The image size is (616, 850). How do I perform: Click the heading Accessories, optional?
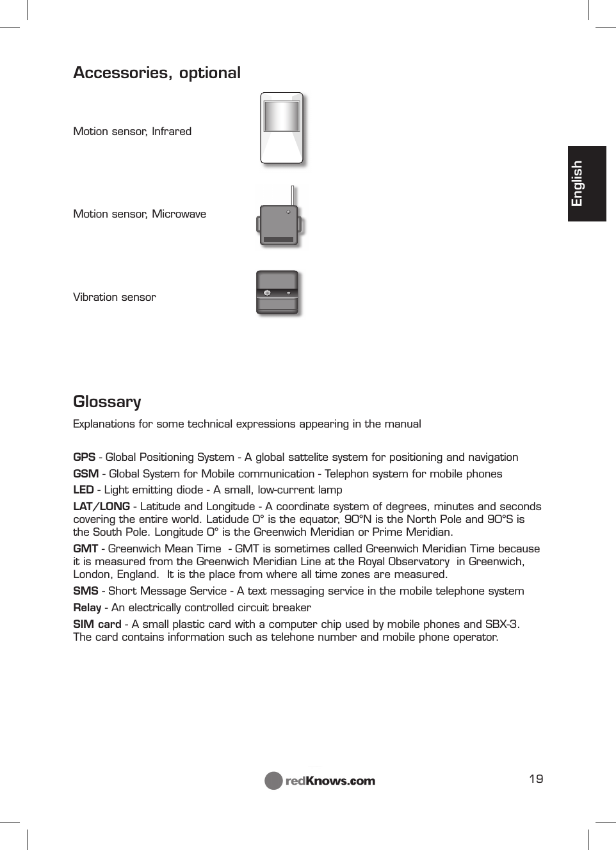click(157, 72)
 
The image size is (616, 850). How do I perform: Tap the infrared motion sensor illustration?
click(282, 129)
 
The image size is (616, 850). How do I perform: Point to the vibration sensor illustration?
click(277, 293)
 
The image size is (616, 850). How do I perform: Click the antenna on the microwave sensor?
click(293, 195)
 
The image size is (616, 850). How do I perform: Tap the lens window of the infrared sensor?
click(282, 116)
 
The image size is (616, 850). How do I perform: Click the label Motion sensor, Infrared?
click(132, 131)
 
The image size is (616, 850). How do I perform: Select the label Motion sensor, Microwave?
click(140, 214)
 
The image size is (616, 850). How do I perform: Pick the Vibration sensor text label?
click(115, 297)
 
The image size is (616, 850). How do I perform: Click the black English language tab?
click(586, 184)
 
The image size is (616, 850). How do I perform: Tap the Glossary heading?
click(107, 401)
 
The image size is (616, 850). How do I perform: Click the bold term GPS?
click(84, 457)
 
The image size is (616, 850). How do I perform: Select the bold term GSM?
click(86, 474)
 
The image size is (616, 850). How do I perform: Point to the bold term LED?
click(83, 490)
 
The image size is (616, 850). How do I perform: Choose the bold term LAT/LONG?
click(101, 506)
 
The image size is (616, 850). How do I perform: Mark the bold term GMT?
click(85, 549)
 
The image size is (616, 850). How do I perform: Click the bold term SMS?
click(85, 591)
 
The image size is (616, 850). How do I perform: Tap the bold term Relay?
click(87, 607)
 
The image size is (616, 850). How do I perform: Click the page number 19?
click(536, 778)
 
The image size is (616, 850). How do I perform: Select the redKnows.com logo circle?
click(273, 780)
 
